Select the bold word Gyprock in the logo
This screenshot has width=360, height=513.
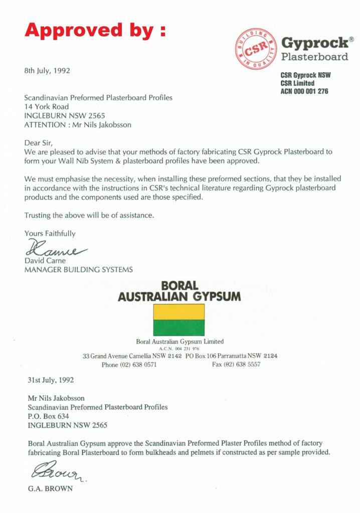[314, 43]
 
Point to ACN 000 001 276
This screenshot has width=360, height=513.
[304, 91]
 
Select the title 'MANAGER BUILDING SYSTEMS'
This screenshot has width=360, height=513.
[79, 270]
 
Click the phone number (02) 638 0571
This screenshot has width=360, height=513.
[137, 365]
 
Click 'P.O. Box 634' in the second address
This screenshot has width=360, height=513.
[48, 416]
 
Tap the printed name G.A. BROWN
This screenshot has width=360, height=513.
[51, 488]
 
